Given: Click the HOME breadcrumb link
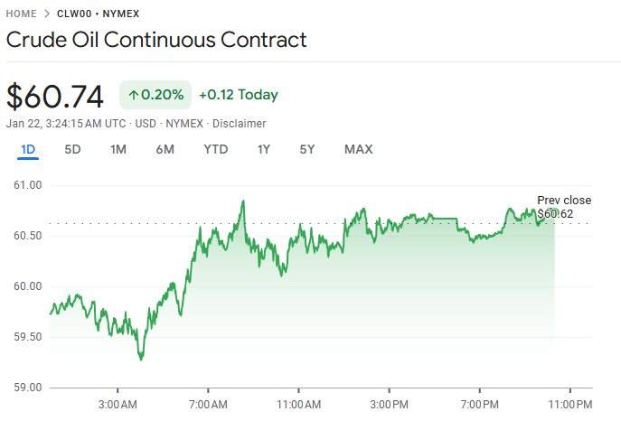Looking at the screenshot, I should (x=21, y=14).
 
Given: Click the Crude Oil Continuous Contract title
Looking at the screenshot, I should (x=156, y=40).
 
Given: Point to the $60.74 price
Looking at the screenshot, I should (x=55, y=95).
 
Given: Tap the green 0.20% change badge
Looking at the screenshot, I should (x=155, y=95).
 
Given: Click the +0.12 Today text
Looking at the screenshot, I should (x=239, y=95).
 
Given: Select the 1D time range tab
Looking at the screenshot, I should (x=28, y=149).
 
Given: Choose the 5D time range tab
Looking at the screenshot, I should (x=72, y=149).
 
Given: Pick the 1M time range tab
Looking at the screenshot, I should (x=118, y=149).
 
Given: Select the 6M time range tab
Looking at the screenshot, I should (x=165, y=149).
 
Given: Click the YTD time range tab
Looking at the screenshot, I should (x=215, y=149).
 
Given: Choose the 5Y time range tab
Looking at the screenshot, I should (x=307, y=149).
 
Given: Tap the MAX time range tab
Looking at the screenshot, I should (x=358, y=149).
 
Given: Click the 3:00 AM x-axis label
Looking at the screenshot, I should (x=117, y=403).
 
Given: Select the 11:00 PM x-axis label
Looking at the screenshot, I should (x=570, y=403).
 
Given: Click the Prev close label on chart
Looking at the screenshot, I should (x=564, y=201).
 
